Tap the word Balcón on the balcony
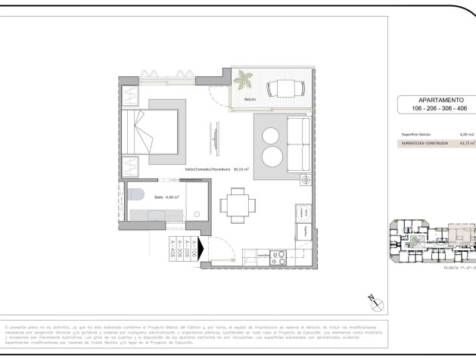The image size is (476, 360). (250, 100)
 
